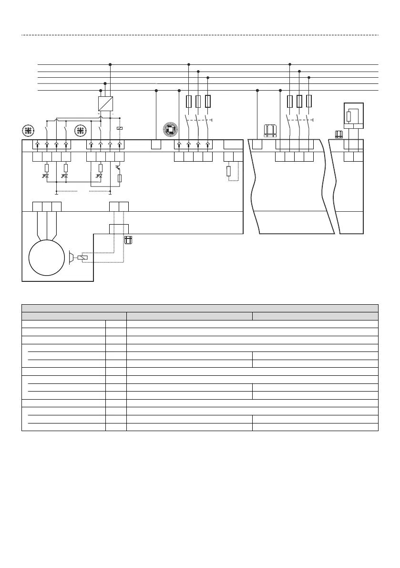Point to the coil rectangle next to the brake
point(82,258)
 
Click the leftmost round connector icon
point(28,130)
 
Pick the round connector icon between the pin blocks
point(81,130)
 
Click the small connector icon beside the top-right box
point(340,134)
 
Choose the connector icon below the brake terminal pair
point(128,239)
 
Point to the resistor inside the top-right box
point(349,116)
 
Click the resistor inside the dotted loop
point(228,171)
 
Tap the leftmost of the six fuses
point(189,101)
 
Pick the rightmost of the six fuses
point(309,101)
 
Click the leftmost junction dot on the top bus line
point(110,64)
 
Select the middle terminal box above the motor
point(47,207)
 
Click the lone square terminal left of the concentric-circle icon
point(156,145)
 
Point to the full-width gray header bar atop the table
point(200,308)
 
